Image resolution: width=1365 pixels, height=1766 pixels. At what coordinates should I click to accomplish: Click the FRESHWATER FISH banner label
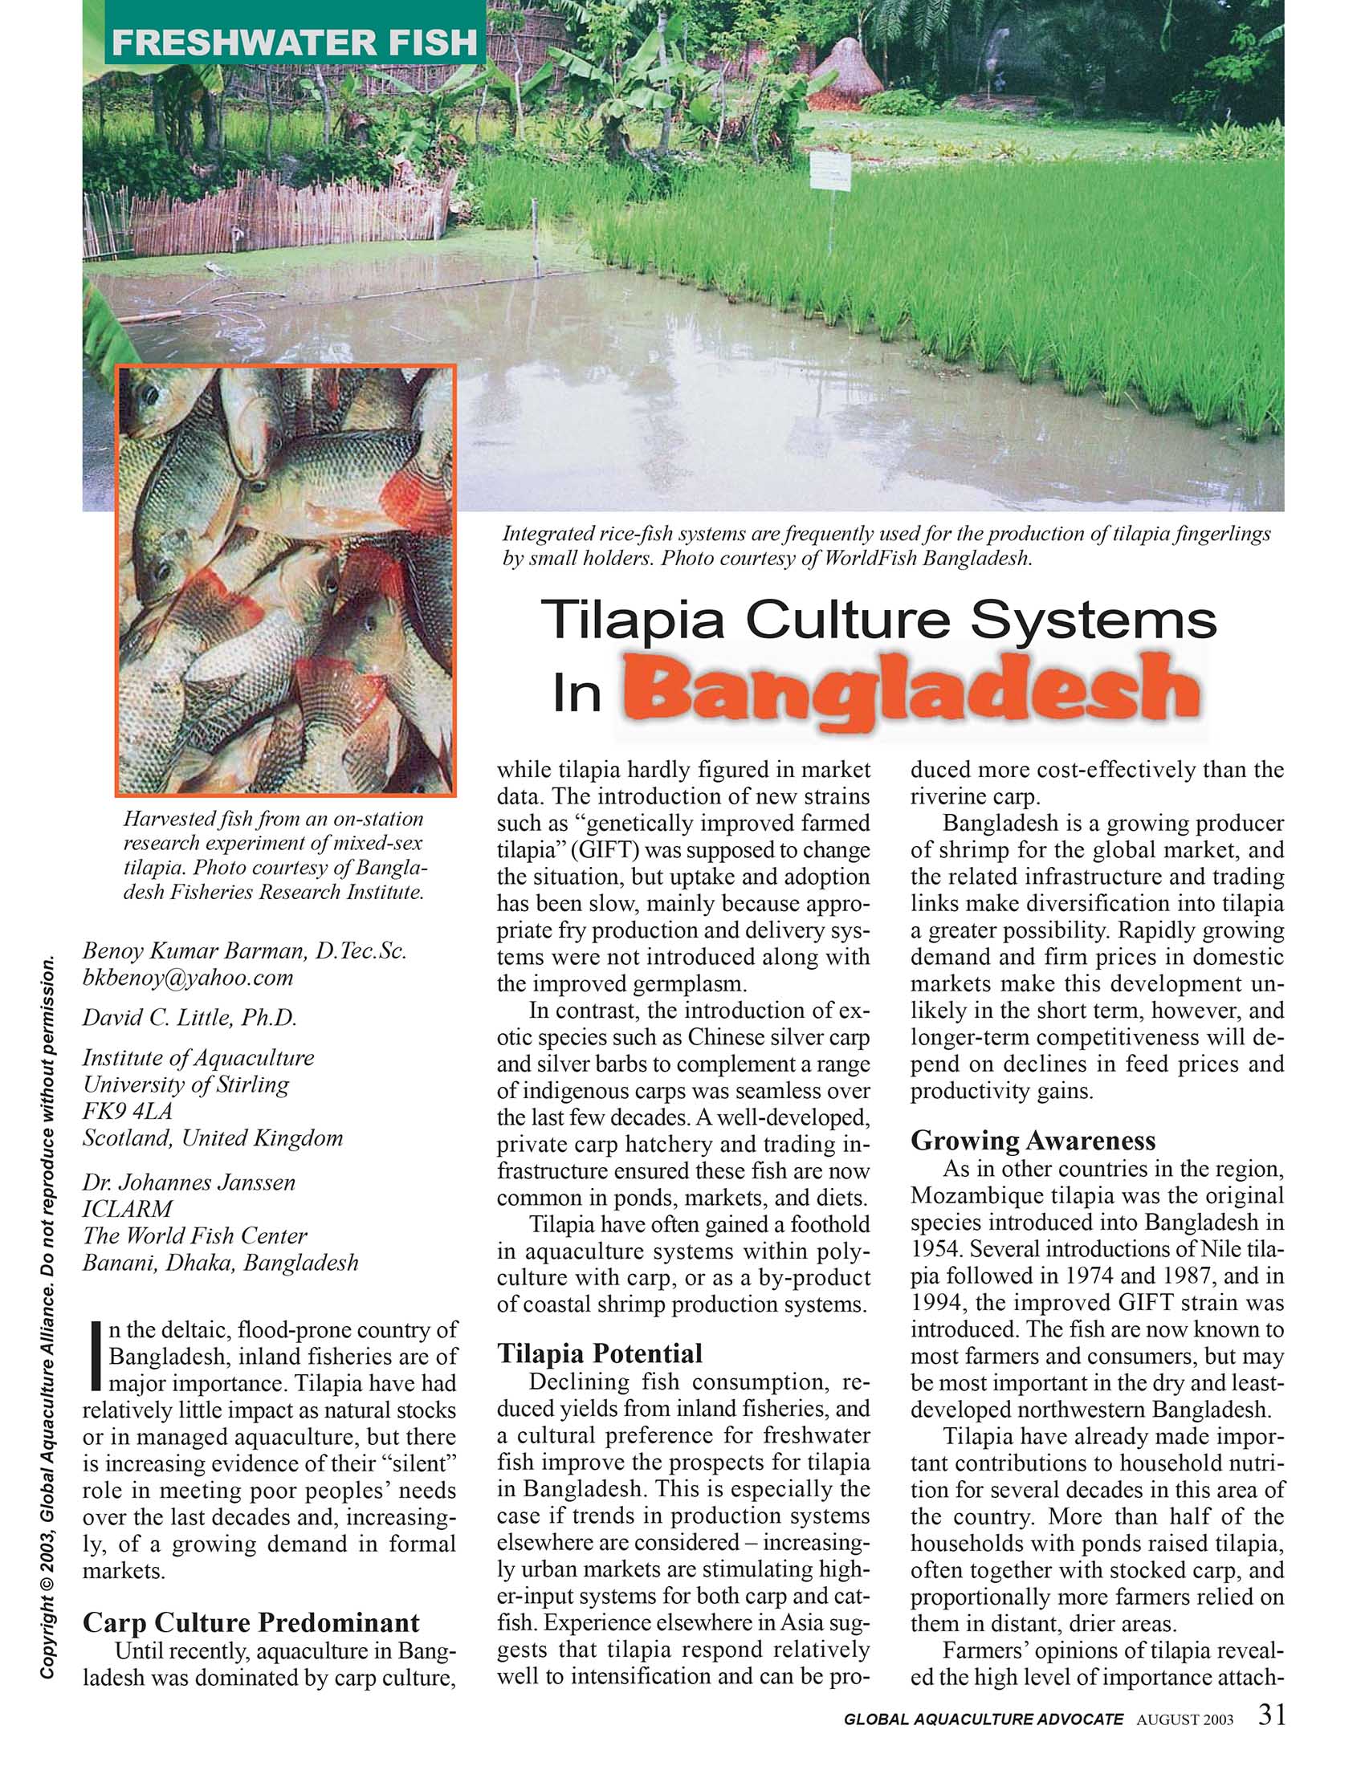(x=295, y=42)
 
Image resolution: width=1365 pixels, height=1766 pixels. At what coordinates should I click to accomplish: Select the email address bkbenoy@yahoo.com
(x=188, y=978)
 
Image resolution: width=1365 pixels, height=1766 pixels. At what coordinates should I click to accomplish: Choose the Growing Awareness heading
(x=1033, y=1140)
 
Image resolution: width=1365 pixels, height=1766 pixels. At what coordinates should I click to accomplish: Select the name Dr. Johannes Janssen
(x=189, y=1182)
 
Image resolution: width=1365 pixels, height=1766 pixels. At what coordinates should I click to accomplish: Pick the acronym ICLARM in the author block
(x=127, y=1209)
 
